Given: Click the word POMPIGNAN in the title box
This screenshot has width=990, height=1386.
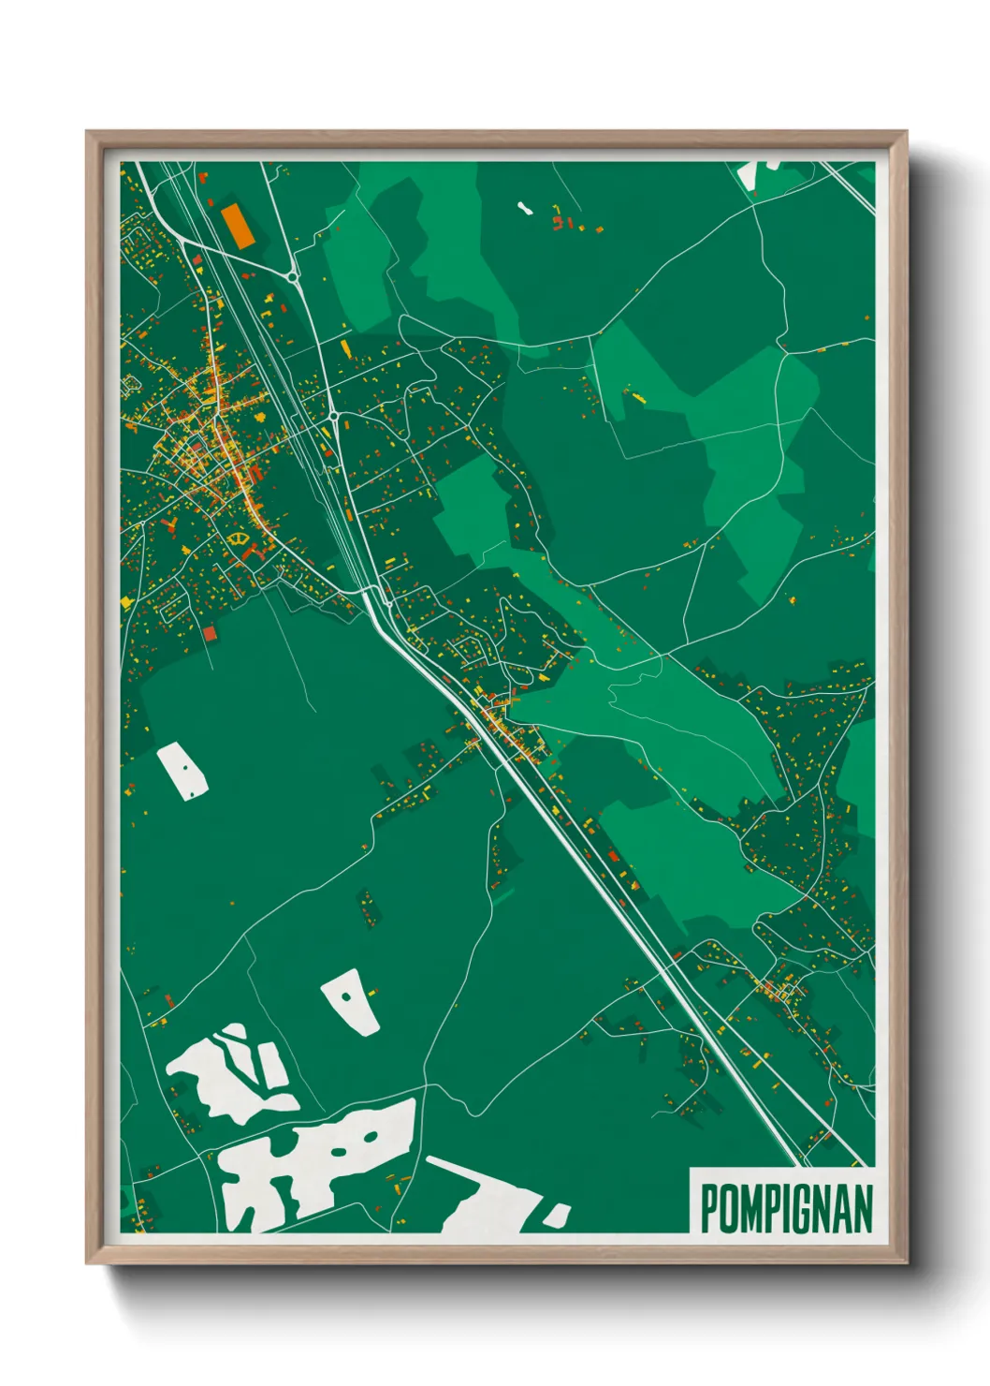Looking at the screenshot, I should click(x=786, y=1208).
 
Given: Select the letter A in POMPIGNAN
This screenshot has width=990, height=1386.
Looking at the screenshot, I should click(x=846, y=1208).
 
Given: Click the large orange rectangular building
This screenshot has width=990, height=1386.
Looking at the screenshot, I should click(x=237, y=225).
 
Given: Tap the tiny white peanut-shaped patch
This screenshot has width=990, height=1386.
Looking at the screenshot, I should click(x=526, y=207).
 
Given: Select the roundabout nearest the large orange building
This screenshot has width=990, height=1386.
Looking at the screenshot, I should click(x=293, y=276).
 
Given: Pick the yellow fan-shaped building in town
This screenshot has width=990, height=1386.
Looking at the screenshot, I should click(x=239, y=538).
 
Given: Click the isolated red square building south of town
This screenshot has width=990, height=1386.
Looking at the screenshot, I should click(x=210, y=634).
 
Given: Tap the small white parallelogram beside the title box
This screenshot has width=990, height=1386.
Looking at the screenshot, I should click(x=556, y=1215).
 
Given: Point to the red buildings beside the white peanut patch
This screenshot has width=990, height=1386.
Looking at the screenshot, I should click(x=561, y=223).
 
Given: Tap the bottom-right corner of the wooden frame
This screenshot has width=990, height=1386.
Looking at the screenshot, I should click(x=905, y=1261).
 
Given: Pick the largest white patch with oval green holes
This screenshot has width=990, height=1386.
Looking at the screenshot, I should click(x=318, y=1161).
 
